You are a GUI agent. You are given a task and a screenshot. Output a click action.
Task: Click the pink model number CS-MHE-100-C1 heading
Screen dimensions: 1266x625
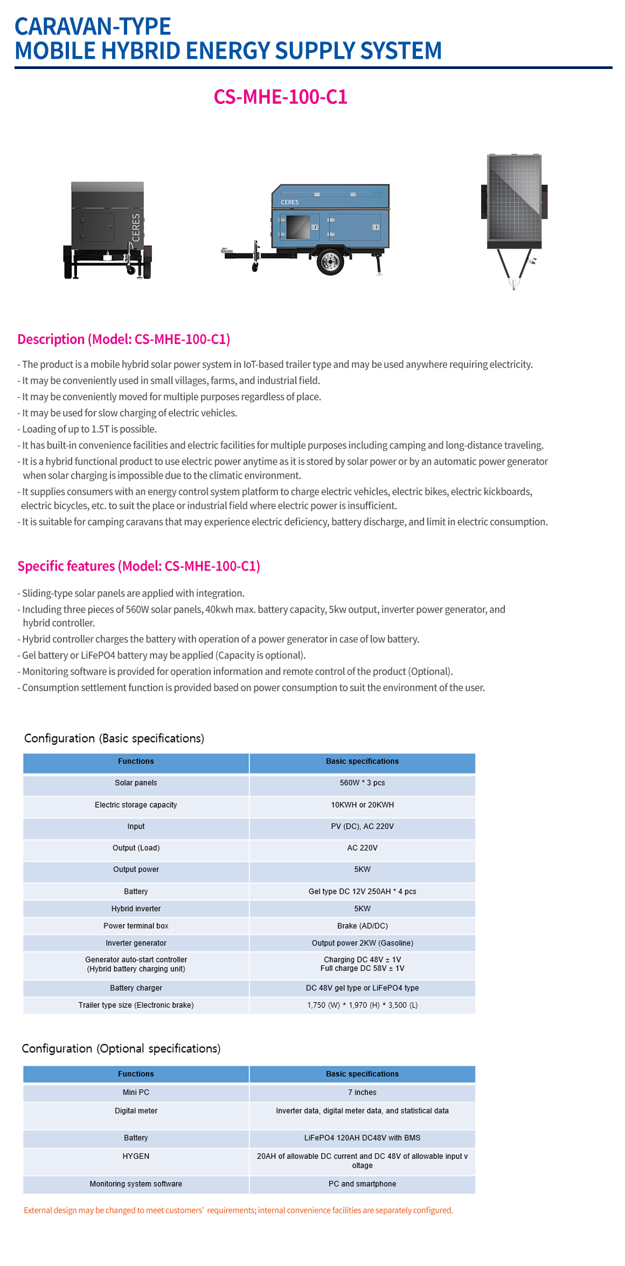280,97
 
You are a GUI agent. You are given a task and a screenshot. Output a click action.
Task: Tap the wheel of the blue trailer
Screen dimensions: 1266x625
329,262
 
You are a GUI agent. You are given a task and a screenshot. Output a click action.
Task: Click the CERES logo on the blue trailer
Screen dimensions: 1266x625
289,202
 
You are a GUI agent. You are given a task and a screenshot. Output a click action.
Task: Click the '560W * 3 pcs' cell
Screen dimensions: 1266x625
362,783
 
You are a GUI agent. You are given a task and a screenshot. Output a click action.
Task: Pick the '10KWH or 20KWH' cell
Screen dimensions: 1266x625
362,805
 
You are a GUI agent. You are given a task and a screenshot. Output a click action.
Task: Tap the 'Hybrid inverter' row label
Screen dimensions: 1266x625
136,909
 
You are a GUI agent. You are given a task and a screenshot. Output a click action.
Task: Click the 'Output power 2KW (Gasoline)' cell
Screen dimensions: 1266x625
362,943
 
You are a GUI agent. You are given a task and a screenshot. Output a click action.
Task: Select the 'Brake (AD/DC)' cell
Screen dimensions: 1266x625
362,926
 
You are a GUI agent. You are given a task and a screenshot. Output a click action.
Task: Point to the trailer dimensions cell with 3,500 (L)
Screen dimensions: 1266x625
362,1005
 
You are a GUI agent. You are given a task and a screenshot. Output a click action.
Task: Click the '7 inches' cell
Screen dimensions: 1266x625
362,1092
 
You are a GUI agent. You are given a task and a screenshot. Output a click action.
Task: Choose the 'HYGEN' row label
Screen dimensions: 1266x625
136,1156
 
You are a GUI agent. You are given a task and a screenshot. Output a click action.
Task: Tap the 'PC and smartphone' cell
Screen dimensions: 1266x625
362,1184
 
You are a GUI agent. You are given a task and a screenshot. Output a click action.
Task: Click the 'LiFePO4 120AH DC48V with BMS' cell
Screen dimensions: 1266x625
362,1138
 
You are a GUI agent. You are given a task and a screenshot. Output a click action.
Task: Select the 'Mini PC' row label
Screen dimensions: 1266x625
136,1092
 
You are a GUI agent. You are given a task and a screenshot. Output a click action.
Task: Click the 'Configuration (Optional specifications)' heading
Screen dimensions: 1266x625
121,1048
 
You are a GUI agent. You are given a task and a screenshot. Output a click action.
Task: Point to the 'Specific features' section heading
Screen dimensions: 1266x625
138,566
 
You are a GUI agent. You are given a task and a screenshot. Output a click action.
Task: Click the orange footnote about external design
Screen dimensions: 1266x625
238,1210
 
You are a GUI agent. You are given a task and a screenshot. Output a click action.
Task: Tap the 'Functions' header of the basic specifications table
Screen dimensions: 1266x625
136,761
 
